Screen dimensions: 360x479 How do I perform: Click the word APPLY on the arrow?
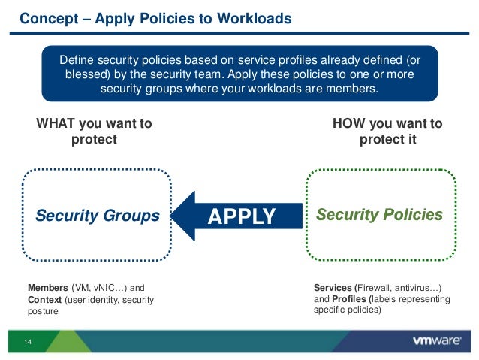click(242, 216)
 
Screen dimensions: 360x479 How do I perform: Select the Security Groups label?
click(98, 216)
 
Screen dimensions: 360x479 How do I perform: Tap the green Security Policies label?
click(379, 215)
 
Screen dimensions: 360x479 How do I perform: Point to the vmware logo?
click(436, 341)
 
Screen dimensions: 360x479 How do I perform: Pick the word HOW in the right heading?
click(348, 123)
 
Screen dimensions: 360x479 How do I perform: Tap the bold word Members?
click(47, 288)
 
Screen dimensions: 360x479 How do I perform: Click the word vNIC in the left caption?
click(106, 288)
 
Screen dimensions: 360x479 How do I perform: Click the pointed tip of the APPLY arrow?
click(174, 216)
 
